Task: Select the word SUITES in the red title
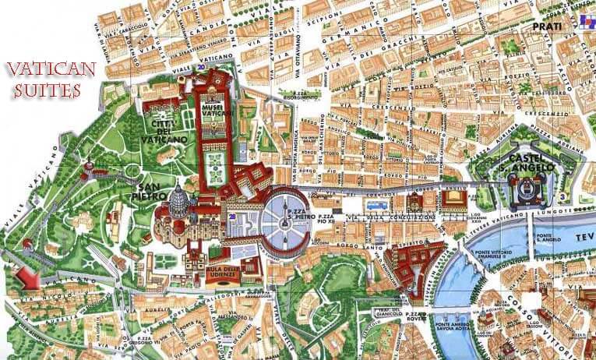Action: click(x=46, y=90)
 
